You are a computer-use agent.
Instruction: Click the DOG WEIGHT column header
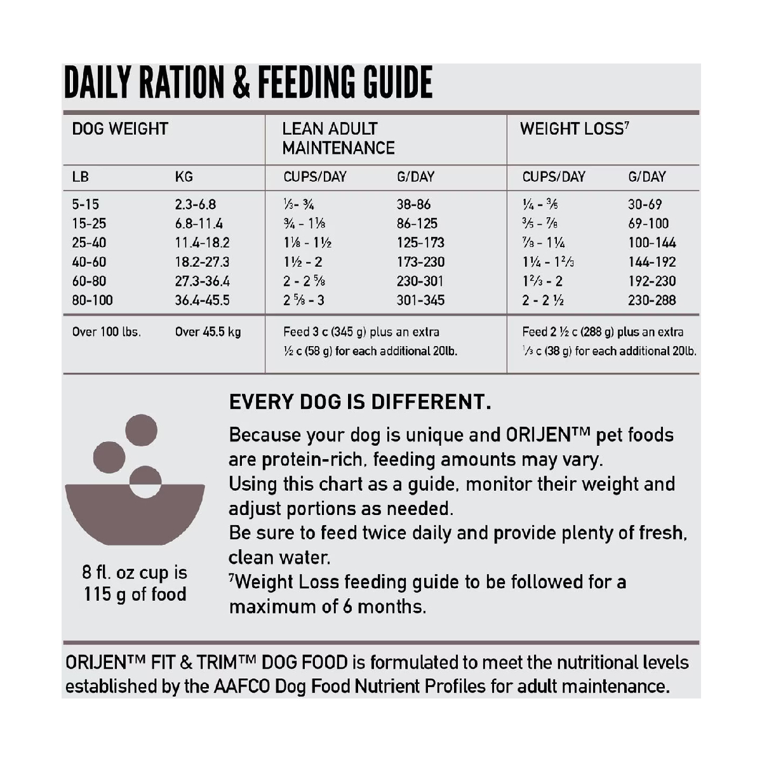[120, 129]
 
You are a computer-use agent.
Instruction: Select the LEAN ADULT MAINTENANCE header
[338, 138]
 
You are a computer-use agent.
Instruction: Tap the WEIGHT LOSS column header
[574, 129]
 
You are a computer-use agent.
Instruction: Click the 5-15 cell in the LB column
[86, 204]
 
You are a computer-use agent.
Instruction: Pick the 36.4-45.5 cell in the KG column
[202, 300]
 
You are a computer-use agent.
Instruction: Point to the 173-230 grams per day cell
[420, 262]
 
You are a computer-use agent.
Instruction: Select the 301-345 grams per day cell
[420, 300]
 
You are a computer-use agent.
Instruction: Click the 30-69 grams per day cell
[645, 204]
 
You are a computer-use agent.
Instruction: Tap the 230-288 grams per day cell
[652, 300]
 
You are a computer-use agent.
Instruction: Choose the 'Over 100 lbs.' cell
[107, 332]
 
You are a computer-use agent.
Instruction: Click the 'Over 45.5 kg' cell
[208, 332]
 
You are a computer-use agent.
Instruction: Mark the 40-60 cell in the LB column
[89, 262]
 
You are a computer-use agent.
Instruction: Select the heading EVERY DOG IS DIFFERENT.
[360, 402]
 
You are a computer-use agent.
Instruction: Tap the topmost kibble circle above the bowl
[141, 430]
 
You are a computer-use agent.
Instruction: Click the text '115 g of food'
[135, 595]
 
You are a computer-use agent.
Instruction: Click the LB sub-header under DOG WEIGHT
[81, 177]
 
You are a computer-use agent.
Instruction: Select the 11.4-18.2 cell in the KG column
[202, 243]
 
